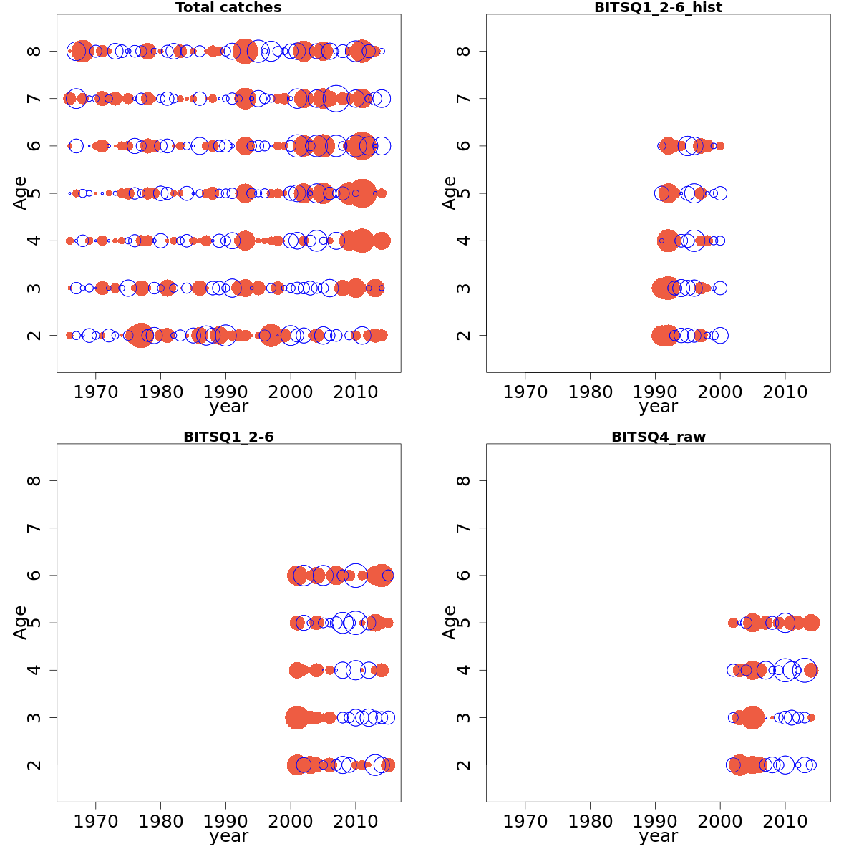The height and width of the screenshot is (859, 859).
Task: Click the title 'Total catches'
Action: [x=228, y=8]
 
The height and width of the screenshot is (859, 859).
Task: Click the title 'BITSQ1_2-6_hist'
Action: [x=658, y=8]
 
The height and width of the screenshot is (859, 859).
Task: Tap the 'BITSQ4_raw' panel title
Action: [x=658, y=437]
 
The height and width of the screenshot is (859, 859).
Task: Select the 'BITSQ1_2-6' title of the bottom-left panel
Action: [x=228, y=437]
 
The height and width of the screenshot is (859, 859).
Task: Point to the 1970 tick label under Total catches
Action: [x=96, y=392]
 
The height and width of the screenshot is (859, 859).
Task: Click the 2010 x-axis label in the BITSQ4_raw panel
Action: [x=785, y=821]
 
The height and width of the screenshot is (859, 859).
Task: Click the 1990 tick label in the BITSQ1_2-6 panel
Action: [x=226, y=821]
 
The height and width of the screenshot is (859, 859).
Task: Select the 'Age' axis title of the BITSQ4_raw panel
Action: [x=450, y=622]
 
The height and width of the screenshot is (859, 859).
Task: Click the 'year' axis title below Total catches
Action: [x=228, y=407]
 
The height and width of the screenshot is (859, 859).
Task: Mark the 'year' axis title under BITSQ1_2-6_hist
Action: [x=658, y=407]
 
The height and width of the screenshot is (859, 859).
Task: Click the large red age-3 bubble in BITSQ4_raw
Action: [x=752, y=717]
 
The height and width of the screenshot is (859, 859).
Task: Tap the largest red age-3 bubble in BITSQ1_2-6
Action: [x=296, y=717]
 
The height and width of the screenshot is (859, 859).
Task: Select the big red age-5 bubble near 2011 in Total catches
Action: [x=361, y=193]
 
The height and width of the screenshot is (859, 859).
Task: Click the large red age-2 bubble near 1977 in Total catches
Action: [x=141, y=335]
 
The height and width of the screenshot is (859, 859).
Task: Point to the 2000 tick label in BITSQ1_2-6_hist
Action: [x=720, y=392]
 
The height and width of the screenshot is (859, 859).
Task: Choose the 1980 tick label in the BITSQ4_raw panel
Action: [x=591, y=821]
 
